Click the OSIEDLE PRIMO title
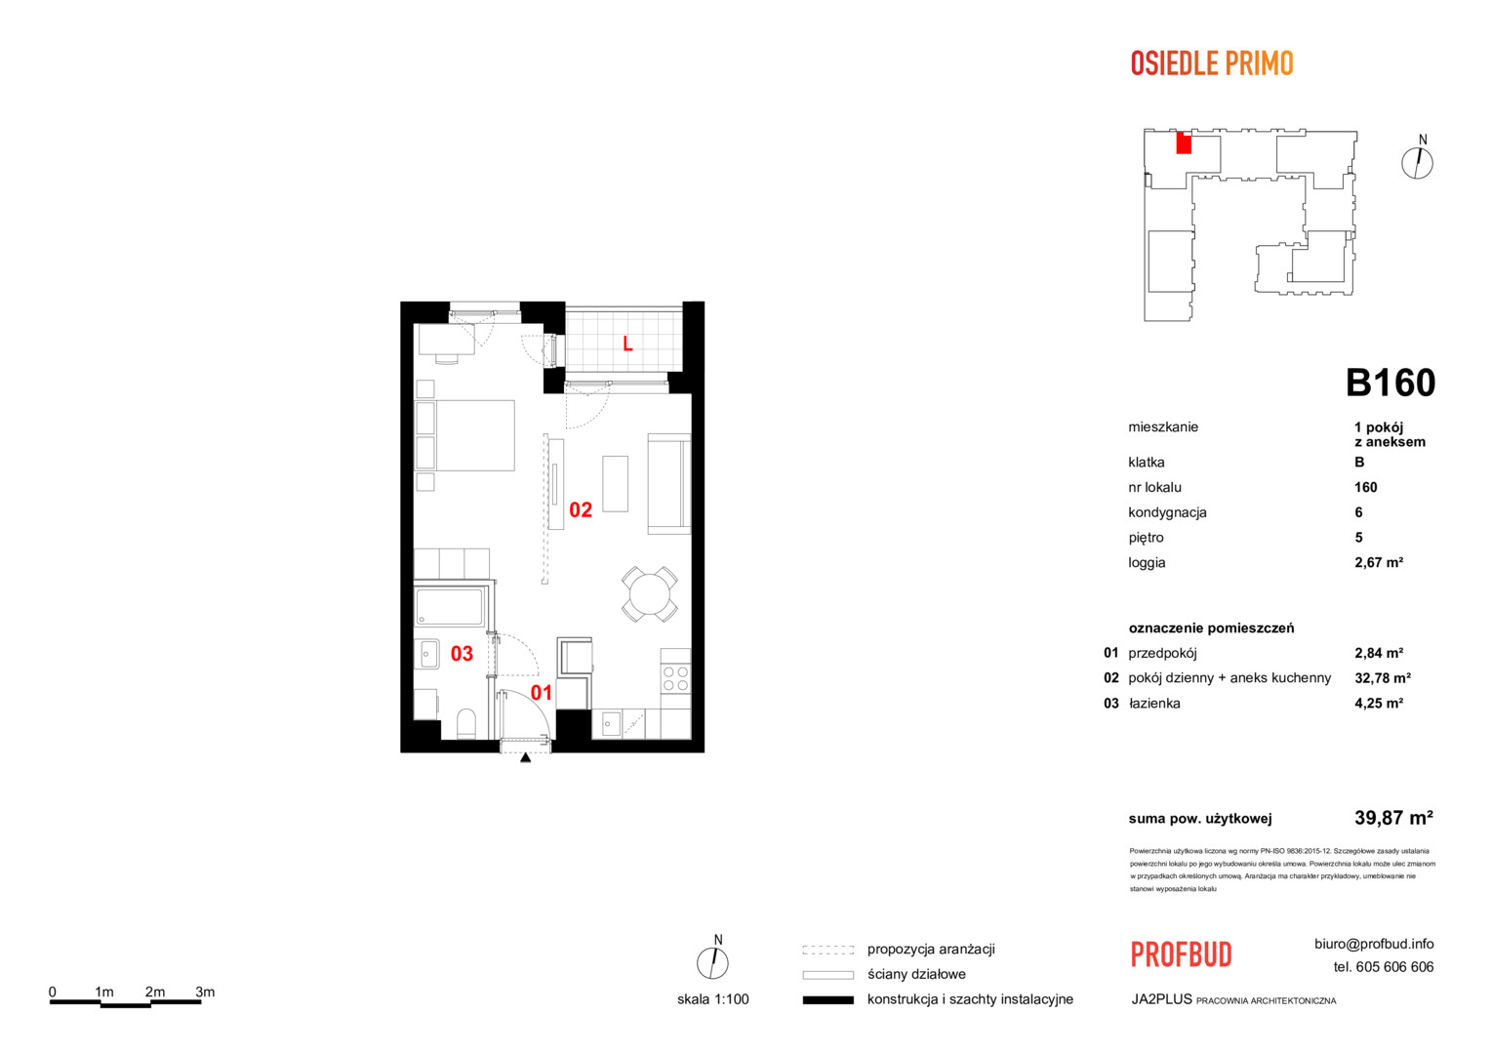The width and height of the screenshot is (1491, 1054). click(x=1212, y=63)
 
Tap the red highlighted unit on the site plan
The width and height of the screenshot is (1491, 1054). click(x=1184, y=143)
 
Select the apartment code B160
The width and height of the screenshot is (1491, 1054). click(x=1390, y=383)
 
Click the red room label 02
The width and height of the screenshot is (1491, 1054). click(x=581, y=510)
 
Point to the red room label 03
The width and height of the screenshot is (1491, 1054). click(x=462, y=654)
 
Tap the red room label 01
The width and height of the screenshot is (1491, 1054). click(x=542, y=693)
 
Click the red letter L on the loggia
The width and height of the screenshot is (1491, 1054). click(x=627, y=344)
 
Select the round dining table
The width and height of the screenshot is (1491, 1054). click(x=650, y=594)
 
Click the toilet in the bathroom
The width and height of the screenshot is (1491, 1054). click(x=466, y=723)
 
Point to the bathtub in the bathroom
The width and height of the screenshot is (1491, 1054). click(x=449, y=607)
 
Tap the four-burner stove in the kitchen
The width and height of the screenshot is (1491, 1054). click(x=675, y=679)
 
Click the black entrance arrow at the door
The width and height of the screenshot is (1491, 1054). click(x=525, y=757)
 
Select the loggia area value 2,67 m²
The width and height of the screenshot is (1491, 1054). click(x=1379, y=563)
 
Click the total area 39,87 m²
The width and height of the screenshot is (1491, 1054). click(x=1393, y=818)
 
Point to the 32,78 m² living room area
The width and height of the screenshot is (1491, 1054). click(x=1383, y=678)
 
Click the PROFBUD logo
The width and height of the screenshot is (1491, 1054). click(x=1182, y=954)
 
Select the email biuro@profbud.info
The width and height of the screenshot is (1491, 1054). click(x=1374, y=944)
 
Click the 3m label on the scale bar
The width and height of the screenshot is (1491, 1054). click(x=205, y=992)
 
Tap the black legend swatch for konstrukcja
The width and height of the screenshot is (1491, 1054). click(x=828, y=999)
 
